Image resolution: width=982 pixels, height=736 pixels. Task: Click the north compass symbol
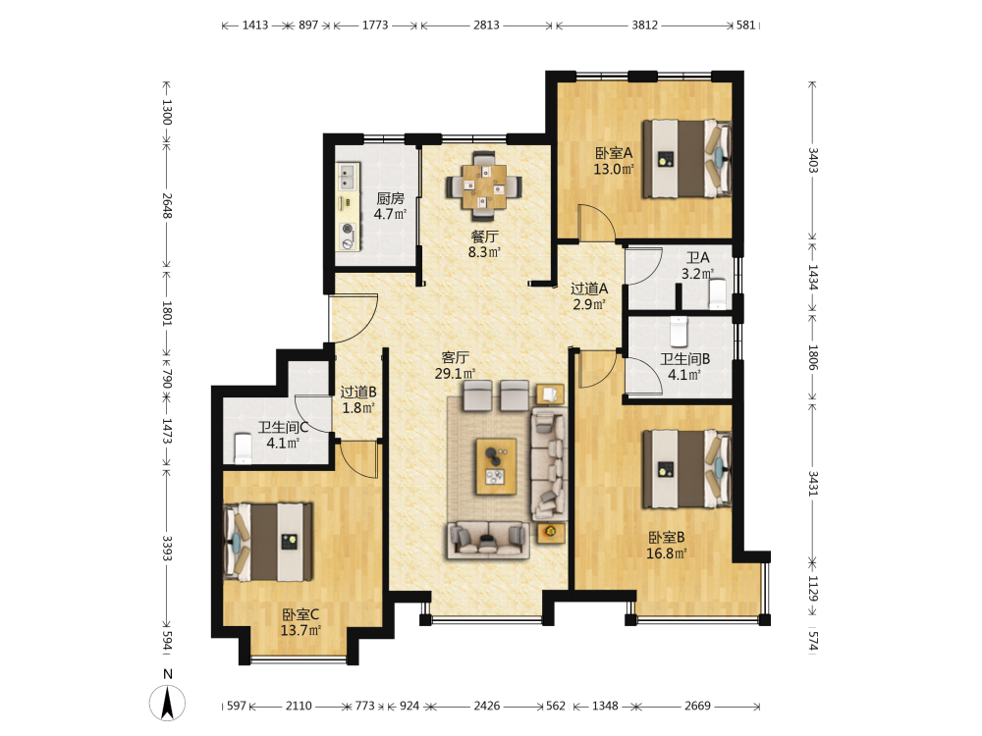(x=167, y=703)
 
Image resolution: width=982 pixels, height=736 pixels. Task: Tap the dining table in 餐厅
(x=484, y=186)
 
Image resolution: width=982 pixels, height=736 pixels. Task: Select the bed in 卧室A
(x=687, y=159)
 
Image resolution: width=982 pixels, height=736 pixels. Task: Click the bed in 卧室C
(x=269, y=542)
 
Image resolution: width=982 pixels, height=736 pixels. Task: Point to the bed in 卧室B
(x=687, y=469)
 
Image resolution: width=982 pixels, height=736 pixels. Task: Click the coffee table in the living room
(x=496, y=466)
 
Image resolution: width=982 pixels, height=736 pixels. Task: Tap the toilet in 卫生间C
(x=243, y=448)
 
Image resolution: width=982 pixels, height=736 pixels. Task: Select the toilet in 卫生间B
(x=679, y=331)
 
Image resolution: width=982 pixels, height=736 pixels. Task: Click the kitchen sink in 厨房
(x=347, y=177)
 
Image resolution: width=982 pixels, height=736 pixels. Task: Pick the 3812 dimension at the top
(x=644, y=26)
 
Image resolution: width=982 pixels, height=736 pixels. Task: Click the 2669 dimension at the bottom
(x=697, y=706)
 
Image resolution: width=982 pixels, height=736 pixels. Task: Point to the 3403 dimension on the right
(x=813, y=160)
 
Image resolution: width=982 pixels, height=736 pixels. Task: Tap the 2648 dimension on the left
(x=167, y=205)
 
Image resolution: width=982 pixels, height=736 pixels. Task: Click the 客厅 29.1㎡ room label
(x=456, y=365)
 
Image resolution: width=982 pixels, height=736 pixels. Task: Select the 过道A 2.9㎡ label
(x=589, y=296)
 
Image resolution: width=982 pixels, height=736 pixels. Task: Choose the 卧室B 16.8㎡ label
(x=667, y=545)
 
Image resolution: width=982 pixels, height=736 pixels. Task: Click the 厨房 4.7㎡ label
(x=390, y=206)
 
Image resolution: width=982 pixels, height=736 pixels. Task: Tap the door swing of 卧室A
(x=597, y=222)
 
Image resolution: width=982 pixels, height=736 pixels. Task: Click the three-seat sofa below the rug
(x=488, y=540)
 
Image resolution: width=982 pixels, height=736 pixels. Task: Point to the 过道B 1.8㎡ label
(x=358, y=400)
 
